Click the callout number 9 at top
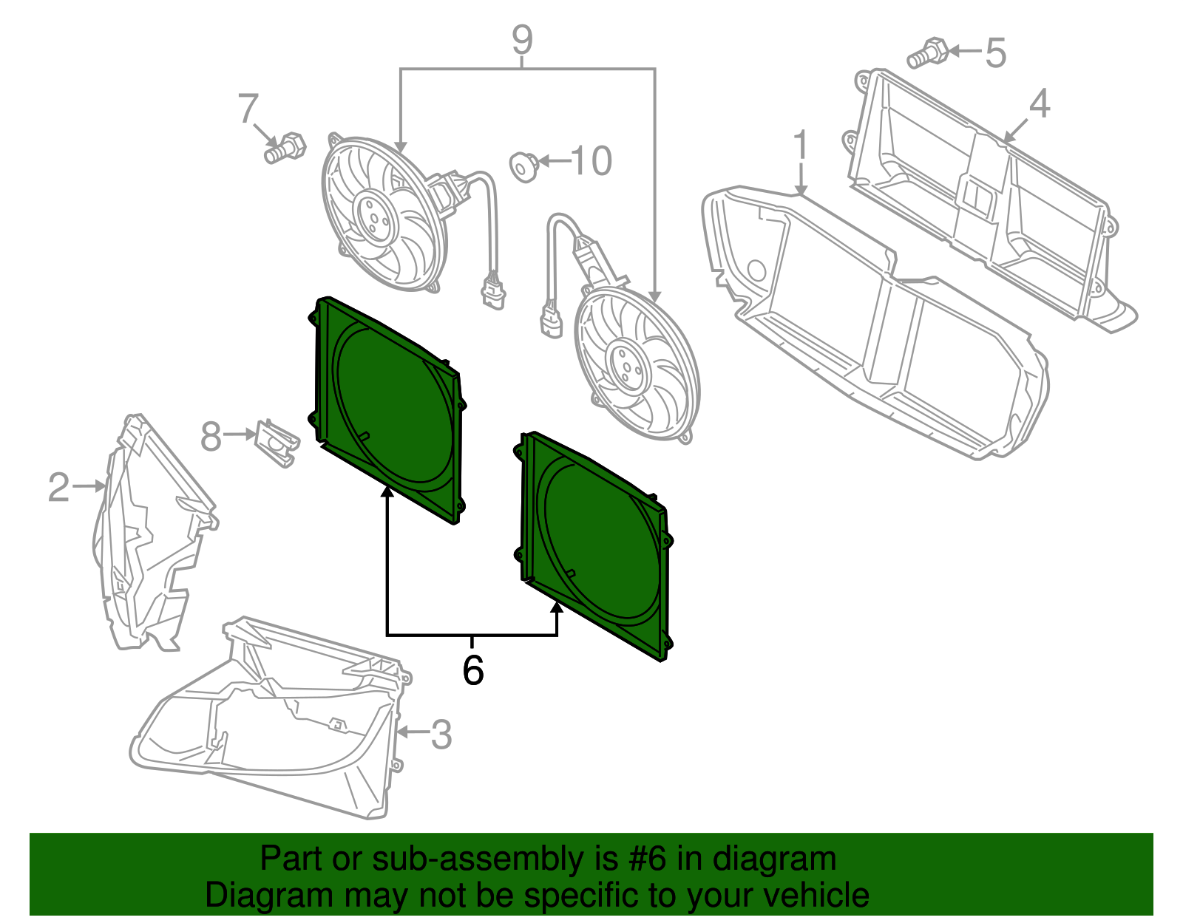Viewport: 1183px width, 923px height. (522, 40)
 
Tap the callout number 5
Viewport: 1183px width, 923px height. (996, 53)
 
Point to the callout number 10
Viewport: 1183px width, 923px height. (591, 161)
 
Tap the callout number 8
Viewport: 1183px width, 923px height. (211, 437)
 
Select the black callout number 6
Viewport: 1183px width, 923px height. (472, 670)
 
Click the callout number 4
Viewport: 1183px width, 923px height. (1039, 103)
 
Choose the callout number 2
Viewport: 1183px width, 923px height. (58, 488)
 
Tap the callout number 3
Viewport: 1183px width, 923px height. (441, 734)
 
